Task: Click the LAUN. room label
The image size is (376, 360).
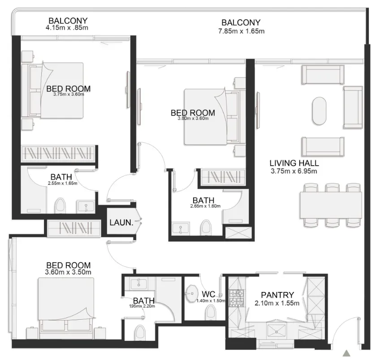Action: click(121, 223)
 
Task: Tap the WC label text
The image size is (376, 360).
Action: click(208, 294)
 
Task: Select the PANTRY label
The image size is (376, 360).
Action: click(277, 295)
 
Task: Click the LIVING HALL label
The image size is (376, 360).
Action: click(294, 163)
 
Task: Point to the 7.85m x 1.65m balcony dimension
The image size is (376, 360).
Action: click(241, 31)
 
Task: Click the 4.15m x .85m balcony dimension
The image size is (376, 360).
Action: click(67, 28)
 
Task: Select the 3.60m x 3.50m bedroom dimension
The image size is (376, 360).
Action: click(68, 272)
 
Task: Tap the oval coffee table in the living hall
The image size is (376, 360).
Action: click(319, 111)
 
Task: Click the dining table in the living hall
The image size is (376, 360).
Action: click(331, 205)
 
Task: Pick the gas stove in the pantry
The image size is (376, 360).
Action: click(236, 298)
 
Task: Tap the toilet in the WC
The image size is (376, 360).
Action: click(211, 313)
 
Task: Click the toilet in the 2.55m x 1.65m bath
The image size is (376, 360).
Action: click(60, 206)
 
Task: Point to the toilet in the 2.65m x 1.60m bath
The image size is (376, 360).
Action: click(206, 227)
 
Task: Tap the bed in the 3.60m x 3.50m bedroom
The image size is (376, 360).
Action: click(66, 308)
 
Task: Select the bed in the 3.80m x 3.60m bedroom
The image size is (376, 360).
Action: click(212, 117)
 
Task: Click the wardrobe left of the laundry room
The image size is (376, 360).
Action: click(74, 228)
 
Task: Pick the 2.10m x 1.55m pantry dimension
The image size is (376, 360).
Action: click(277, 303)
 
